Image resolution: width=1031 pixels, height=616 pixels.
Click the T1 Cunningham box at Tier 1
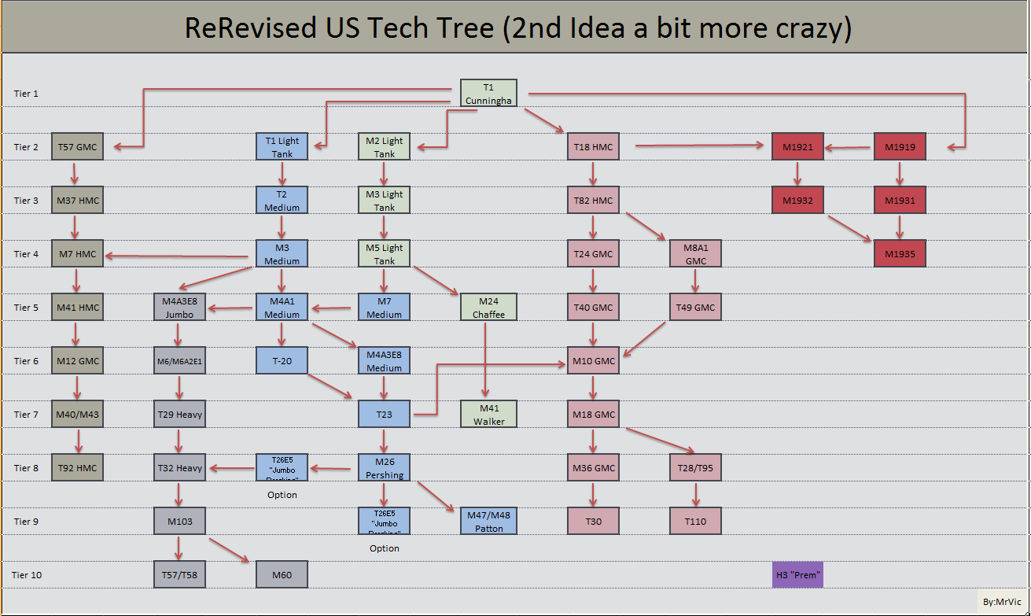click(488, 93)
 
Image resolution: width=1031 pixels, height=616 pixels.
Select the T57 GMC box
click(77, 147)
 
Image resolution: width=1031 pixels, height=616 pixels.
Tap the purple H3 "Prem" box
click(798, 575)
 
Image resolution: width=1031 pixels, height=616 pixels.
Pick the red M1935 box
click(900, 254)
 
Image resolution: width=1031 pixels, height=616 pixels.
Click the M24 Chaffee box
click(488, 308)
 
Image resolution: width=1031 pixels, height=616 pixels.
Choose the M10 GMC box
click(593, 361)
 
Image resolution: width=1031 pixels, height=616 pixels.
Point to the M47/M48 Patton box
click(488, 522)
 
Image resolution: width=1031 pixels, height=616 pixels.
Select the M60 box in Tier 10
click(282, 575)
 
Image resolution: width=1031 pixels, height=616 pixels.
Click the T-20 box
click(282, 361)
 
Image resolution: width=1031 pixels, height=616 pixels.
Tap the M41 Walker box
click(488, 415)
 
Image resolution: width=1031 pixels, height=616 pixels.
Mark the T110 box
click(695, 522)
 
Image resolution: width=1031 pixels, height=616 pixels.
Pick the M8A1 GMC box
click(695, 254)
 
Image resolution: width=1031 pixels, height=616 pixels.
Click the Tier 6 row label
click(26, 361)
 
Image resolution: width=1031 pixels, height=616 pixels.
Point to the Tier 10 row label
click(27, 575)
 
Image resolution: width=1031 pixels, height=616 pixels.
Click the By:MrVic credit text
click(1001, 602)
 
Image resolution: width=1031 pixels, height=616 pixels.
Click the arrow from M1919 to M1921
click(849, 147)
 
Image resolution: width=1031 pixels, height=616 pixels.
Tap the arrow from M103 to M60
click(229, 549)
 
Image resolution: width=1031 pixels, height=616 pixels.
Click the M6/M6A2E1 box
click(179, 361)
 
